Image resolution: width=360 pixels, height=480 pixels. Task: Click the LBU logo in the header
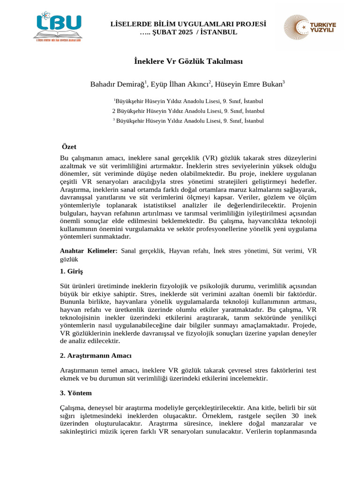pyautogui.click(x=57, y=27)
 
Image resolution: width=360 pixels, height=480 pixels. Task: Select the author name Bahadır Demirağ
pyautogui.click(x=117, y=84)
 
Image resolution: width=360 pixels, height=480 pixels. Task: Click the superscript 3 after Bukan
pyautogui.click(x=284, y=82)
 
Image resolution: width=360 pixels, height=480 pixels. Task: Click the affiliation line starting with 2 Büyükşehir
pyautogui.click(x=188, y=111)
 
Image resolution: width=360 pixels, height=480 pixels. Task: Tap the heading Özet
pyautogui.click(x=69, y=147)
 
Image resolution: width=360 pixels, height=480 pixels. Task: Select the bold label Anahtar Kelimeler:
pyautogui.click(x=89, y=251)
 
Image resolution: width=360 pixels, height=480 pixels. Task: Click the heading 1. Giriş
pyautogui.click(x=74, y=271)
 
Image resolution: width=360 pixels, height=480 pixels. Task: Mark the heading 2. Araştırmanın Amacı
pyautogui.click(x=96, y=355)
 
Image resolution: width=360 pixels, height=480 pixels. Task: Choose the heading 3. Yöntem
pyautogui.click(x=76, y=393)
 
